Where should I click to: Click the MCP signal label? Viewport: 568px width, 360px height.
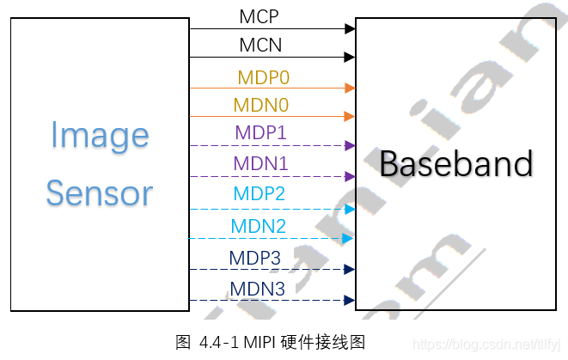point(260,15)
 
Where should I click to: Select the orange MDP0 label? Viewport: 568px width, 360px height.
point(263,77)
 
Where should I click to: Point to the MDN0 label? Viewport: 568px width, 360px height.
point(260,105)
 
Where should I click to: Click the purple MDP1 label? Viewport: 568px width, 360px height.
point(260,134)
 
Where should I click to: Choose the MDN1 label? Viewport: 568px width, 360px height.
point(260,163)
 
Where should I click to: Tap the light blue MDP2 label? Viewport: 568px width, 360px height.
point(259,194)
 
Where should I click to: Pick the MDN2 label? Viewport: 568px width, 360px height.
point(258,227)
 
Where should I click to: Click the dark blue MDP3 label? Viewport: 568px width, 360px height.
point(254,258)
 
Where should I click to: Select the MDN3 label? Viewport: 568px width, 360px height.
point(257,290)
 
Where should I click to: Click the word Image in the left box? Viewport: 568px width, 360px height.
point(100,136)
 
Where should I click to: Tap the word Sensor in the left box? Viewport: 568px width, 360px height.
point(100,192)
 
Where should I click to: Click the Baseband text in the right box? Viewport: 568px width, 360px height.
point(456,163)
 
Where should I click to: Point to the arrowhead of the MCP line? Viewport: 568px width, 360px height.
point(351,28)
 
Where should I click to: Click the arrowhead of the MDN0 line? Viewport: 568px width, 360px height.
point(350,116)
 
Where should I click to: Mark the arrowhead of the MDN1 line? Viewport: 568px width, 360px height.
point(350,176)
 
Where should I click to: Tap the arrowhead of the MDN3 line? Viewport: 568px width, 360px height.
point(350,300)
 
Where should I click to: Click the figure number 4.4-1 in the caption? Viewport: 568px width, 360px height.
point(218,342)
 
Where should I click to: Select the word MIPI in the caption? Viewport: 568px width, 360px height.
point(260,342)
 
